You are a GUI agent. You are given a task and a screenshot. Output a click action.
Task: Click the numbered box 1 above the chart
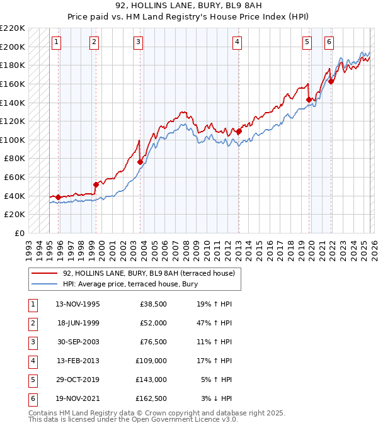[x=57, y=42]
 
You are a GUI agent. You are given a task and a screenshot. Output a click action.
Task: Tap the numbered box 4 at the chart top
[x=238, y=42]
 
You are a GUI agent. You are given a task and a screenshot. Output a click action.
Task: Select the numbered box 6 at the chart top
[x=329, y=42]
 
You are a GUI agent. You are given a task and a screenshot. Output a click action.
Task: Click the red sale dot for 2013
[x=239, y=132]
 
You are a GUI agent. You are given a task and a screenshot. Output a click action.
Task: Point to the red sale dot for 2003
[x=140, y=162]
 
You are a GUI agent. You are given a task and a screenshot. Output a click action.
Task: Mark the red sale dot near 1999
[x=96, y=184]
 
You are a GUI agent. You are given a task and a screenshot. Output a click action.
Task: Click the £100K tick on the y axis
[x=13, y=140]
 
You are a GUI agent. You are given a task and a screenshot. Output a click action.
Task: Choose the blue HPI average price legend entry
[x=130, y=284]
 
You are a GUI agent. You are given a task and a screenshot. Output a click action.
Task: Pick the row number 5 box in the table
[x=31, y=380]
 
